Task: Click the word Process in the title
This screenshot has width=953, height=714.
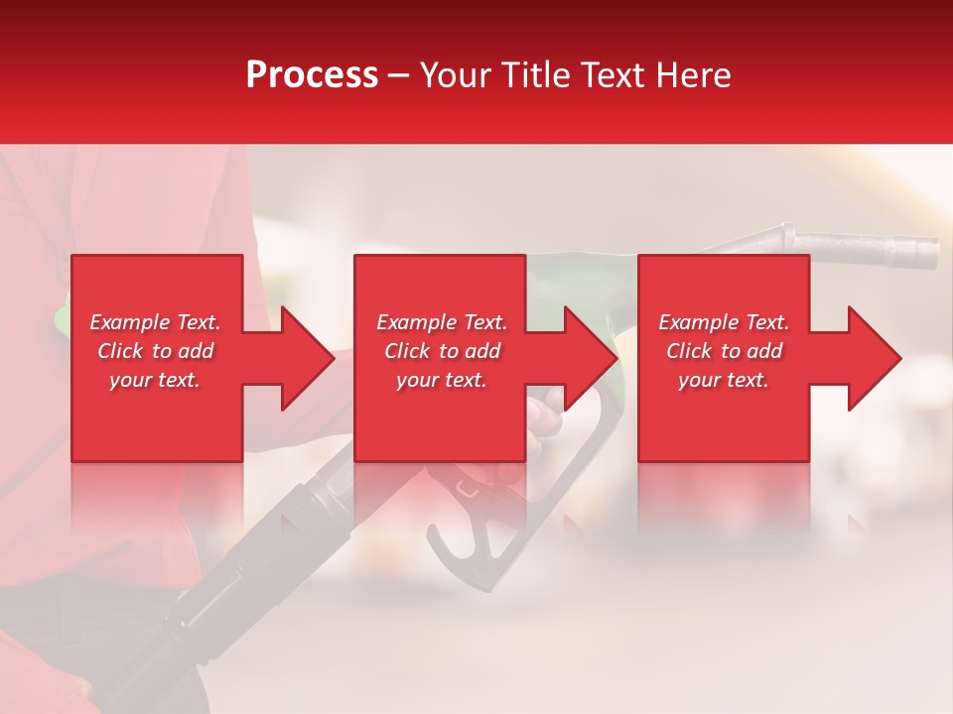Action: pyautogui.click(x=312, y=75)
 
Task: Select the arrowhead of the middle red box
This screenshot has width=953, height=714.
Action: pyautogui.click(x=589, y=358)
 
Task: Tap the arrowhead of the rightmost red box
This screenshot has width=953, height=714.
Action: pyautogui.click(x=872, y=358)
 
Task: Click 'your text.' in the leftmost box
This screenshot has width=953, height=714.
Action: pyautogui.click(x=155, y=380)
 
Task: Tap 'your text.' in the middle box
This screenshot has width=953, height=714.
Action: pyautogui.click(x=441, y=380)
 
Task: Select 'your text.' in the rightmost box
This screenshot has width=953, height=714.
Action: pyautogui.click(x=724, y=380)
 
